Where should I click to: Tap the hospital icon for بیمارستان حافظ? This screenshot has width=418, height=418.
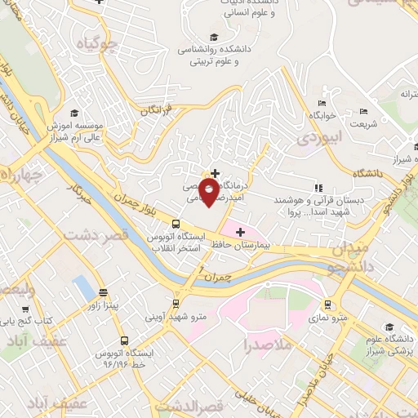click(240, 233)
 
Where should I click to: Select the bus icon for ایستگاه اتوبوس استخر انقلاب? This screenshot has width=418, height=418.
click(176, 225)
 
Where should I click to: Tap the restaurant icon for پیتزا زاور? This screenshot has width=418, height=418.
click(104, 292)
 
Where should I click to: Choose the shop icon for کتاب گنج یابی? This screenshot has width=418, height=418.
click(25, 310)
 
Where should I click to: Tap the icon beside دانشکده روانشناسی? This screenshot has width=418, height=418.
click(214, 37)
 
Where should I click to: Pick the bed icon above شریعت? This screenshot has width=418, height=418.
click(363, 112)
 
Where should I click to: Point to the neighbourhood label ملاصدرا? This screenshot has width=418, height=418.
click(266, 345)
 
